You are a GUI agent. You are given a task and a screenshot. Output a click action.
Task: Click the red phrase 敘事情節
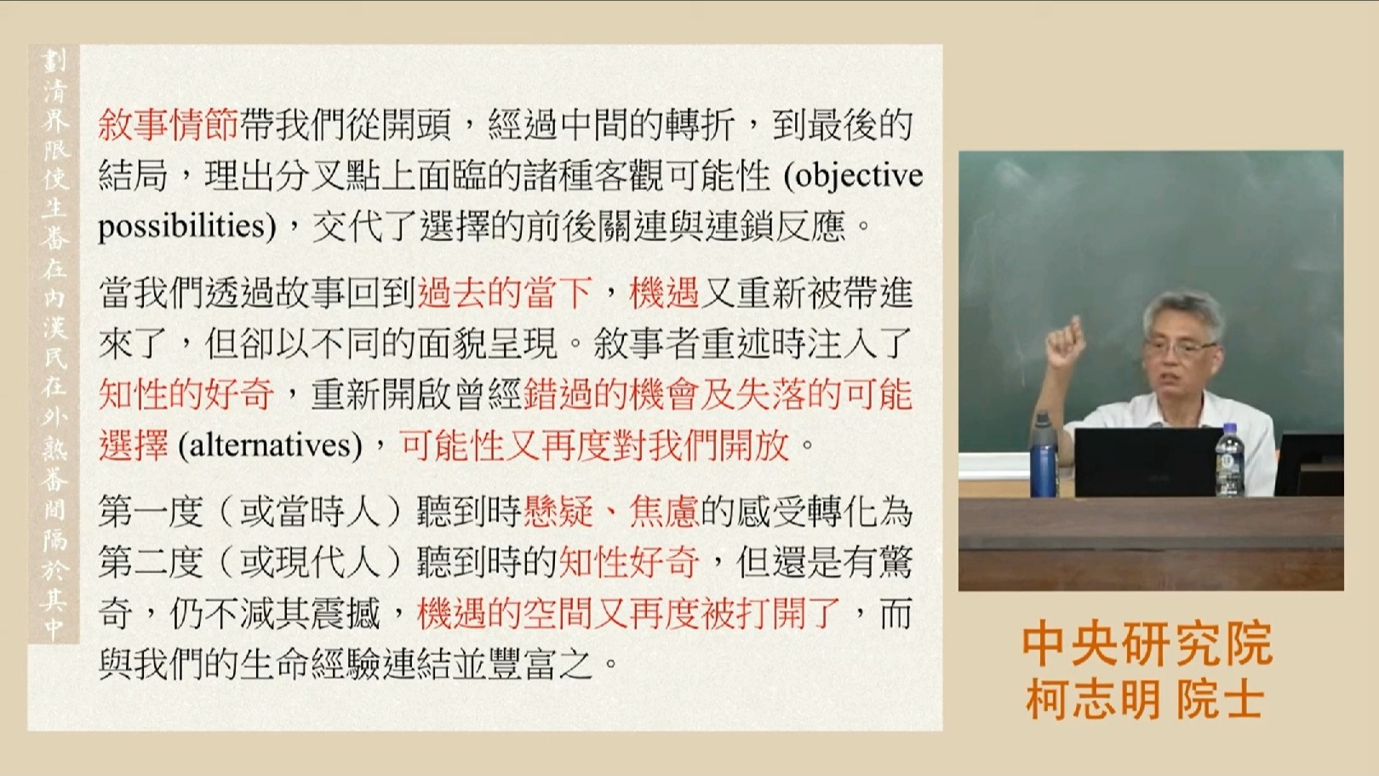(168, 125)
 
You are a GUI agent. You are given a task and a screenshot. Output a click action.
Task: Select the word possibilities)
(187, 227)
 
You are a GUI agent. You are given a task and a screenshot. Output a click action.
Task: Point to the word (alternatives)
(270, 445)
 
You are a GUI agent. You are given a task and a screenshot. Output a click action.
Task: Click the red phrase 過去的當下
(505, 293)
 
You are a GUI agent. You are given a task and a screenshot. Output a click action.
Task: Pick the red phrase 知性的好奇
(186, 394)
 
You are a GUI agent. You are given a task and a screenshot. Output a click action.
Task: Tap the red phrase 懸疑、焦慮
(610, 513)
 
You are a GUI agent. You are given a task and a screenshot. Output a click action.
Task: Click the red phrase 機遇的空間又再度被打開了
(629, 613)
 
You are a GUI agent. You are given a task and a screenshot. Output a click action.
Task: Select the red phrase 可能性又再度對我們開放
(595, 445)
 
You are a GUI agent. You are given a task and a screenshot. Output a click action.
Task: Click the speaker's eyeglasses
(1180, 349)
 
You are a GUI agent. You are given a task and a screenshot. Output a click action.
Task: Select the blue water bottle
(1044, 455)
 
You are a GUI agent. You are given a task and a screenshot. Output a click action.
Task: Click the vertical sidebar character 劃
(54, 60)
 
